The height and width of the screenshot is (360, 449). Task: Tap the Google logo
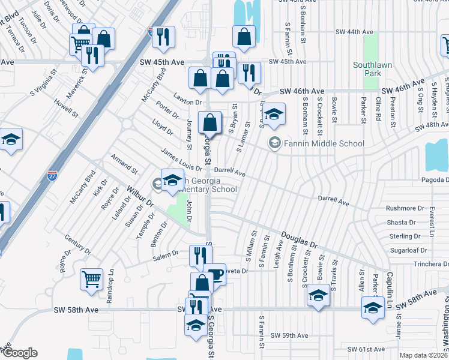point(20,353)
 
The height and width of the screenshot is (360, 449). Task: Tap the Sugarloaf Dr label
point(408,250)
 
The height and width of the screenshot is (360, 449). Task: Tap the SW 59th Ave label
point(289,335)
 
